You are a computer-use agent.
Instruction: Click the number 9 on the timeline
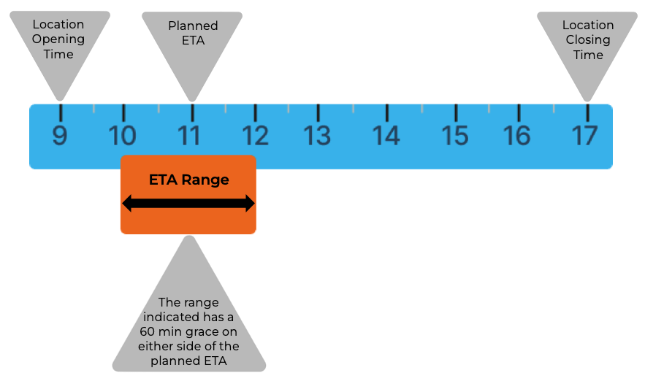60,136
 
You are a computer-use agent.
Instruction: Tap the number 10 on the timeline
123,136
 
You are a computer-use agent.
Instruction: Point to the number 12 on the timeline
255,136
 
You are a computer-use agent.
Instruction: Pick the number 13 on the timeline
318,136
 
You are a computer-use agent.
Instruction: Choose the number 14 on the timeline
386,136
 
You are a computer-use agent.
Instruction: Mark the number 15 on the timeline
456,136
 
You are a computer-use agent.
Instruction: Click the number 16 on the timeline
517,136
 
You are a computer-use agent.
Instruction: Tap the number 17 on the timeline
585,136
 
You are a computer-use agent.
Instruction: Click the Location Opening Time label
58,39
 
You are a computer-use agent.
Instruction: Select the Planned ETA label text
193,33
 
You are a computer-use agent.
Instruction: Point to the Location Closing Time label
588,39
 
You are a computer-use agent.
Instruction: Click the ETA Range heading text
188,180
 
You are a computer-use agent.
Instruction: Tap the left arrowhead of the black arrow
126,204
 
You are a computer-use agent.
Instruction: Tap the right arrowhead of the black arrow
251,204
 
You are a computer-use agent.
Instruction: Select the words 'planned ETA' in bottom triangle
189,360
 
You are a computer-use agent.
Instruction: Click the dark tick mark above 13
318,112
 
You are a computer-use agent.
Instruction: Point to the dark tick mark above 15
456,112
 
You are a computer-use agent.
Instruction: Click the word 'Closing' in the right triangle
588,40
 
